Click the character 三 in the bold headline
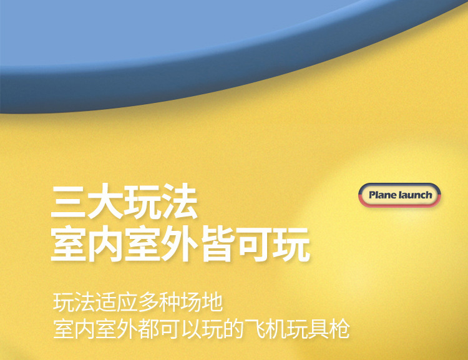click(69, 202)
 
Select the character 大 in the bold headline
click(105, 202)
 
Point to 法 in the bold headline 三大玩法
click(179, 202)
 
